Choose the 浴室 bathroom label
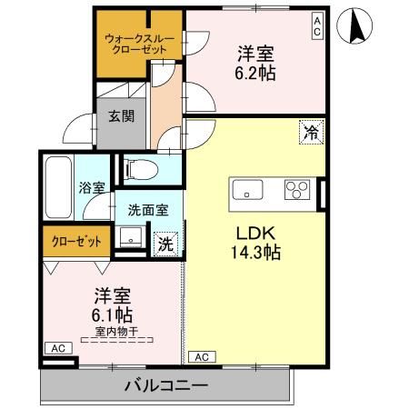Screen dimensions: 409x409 pyautogui.click(x=92, y=188)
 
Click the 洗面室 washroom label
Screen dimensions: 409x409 pyautogui.click(x=147, y=208)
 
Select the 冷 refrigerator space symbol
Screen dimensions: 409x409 pyautogui.click(x=313, y=133)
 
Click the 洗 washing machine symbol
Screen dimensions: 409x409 pyautogui.click(x=165, y=243)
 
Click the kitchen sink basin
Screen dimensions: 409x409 pyautogui.click(x=248, y=190)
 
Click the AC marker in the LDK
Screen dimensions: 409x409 pyautogui.click(x=202, y=357)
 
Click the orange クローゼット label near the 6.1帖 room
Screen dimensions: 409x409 pyautogui.click(x=75, y=242)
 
